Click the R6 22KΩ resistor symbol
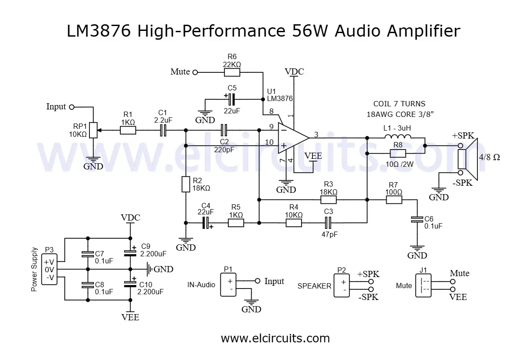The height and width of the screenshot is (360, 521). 232,72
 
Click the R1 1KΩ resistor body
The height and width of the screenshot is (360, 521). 128,130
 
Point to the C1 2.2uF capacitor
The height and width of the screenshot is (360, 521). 163,130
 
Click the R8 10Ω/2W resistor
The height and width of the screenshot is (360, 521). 398,153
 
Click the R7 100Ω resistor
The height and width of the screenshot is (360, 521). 394,200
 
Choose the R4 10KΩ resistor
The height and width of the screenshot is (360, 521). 294,223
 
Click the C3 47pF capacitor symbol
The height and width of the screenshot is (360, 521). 328,223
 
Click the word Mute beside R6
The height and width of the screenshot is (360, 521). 180,72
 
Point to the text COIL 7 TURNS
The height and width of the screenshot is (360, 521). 399,104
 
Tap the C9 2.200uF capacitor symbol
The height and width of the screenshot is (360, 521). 130,253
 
